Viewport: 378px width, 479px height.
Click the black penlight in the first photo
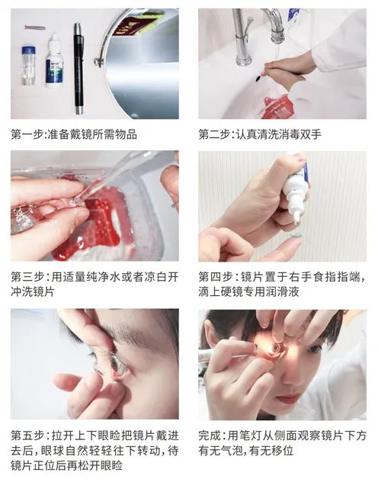(78, 69)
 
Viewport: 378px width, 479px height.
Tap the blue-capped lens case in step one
(28, 66)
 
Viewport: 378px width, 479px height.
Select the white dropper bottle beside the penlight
(54, 61)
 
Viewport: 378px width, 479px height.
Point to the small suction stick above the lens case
(35, 27)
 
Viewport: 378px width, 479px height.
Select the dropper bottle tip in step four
(296, 220)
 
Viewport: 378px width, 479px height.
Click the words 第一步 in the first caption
(26, 134)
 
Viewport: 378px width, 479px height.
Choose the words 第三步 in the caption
(26, 277)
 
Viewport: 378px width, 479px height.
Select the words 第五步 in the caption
(26, 436)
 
